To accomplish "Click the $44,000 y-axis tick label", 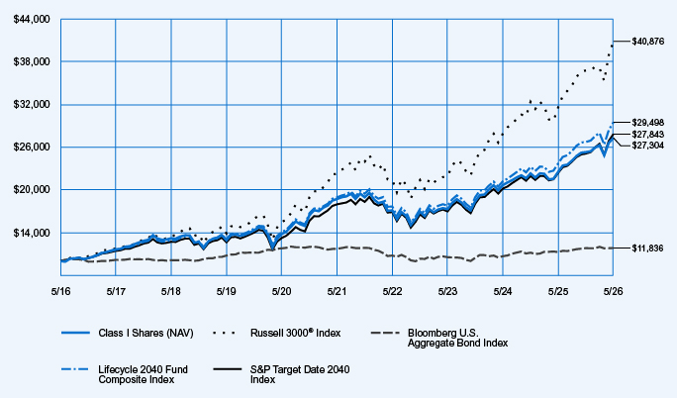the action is point(32,20).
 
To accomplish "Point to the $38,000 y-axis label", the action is point(32,61).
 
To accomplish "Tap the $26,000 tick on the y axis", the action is point(32,148).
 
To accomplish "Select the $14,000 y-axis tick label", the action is point(32,233).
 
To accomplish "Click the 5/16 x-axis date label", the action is point(60,292).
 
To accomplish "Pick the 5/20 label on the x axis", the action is point(281,292).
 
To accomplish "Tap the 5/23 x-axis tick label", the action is point(447,292).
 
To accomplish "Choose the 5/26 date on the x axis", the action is point(613,292).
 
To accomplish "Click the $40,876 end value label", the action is point(648,42).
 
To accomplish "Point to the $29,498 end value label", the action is point(648,123).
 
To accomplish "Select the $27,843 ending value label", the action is point(648,135).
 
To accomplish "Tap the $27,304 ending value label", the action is point(648,146).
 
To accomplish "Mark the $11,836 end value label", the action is point(647,249).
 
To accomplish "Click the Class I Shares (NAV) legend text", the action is point(145,334).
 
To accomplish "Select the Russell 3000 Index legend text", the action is point(295,333).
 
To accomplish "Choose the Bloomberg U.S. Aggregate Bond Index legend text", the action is point(457,338).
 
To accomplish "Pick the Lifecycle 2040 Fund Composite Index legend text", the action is point(143,374).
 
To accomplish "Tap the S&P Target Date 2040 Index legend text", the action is point(300,374).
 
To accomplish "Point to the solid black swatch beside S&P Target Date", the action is point(228,369).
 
